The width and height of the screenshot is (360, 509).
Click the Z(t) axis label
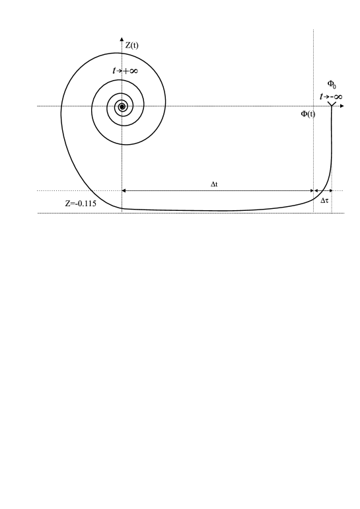[131, 46]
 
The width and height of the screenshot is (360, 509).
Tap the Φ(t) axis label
[308, 114]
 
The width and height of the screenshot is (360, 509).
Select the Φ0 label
[332, 85]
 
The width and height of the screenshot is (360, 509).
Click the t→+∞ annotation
[126, 71]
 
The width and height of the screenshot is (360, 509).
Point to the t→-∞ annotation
[331, 97]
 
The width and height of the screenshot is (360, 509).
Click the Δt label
[214, 184]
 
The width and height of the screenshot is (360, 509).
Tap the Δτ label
[324, 200]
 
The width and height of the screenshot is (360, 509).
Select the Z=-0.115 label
[81, 204]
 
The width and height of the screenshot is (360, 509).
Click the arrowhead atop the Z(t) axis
[122, 40]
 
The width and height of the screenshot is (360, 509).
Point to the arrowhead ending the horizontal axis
[342, 106]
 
